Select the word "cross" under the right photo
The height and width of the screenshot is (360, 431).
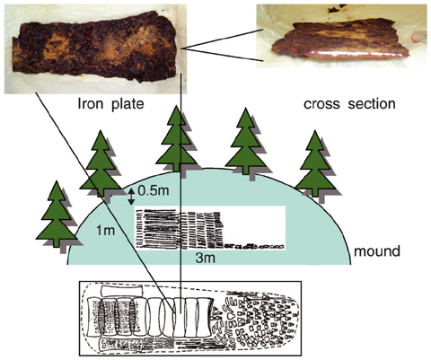[x=321, y=104]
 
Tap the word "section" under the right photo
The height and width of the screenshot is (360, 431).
[x=372, y=103]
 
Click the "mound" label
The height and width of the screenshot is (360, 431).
[x=377, y=250]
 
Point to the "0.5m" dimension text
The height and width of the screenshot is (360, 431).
[x=154, y=190]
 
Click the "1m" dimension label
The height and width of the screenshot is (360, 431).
[x=105, y=231]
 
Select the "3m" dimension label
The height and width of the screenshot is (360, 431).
[x=206, y=258]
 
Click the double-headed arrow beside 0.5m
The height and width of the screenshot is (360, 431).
[x=131, y=197]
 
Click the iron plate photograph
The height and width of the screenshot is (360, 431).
[x=95, y=48]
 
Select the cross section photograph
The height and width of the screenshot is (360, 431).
[x=341, y=36]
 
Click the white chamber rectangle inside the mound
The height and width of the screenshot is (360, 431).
[x=209, y=228]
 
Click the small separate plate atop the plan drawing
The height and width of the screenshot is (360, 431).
[x=121, y=291]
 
